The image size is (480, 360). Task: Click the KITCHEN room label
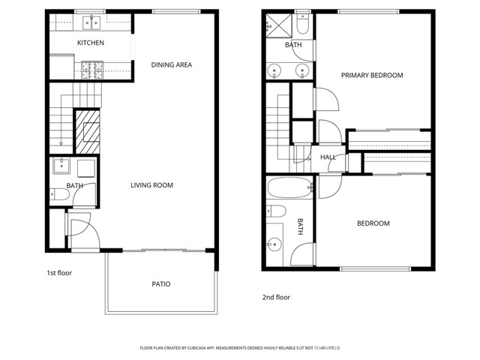91,43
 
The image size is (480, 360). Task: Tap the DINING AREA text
171,65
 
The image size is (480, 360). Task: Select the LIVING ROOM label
152,185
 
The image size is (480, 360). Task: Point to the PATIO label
161,284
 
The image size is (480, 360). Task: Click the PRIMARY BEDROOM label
372,75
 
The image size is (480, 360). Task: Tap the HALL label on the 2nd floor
328,157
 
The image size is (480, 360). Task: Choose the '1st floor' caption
60,273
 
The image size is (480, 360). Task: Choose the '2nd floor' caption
276,297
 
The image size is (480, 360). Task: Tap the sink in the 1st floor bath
61,166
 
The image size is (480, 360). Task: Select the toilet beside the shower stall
301,25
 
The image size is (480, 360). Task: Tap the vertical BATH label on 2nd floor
299,226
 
